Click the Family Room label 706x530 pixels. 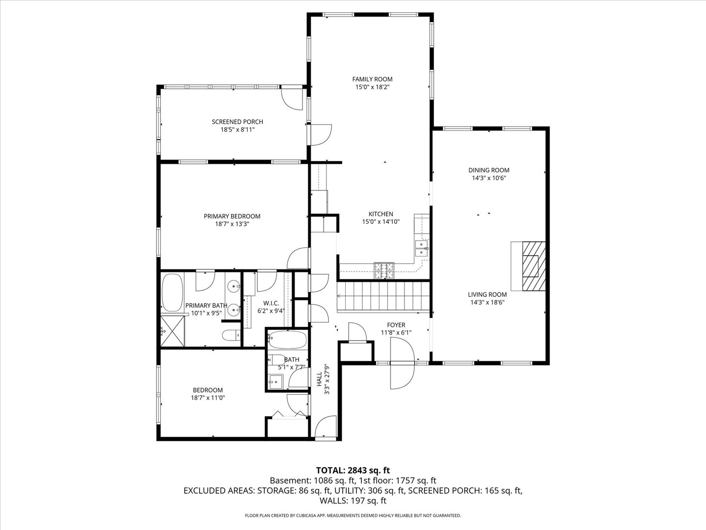coord(372,79)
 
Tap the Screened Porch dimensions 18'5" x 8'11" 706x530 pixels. coord(237,130)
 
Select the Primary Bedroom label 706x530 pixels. coord(232,216)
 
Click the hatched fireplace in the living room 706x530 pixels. coord(531,266)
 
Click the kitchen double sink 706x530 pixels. coord(421,248)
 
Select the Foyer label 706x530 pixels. coord(396,325)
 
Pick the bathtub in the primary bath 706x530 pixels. coord(172,292)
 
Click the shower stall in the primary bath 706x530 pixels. coord(173,332)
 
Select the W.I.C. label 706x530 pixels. coord(271,303)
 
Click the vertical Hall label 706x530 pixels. coord(319,377)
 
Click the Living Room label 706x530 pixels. coord(487,295)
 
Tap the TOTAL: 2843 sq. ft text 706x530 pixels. coord(353,470)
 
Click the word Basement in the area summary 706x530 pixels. coord(287,480)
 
